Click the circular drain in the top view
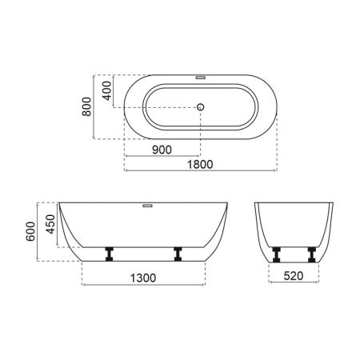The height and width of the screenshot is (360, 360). pyautogui.click(x=201, y=106)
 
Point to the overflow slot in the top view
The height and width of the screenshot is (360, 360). pyautogui.click(x=200, y=78)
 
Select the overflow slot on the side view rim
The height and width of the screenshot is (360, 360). pyautogui.click(x=146, y=203)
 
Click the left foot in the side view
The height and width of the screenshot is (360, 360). pyautogui.click(x=110, y=254)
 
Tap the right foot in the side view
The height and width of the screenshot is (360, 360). pyautogui.click(x=178, y=254)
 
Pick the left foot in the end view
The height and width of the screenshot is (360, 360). pyautogui.click(x=277, y=254)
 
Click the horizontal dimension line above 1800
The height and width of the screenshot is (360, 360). pyautogui.click(x=200, y=170)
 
